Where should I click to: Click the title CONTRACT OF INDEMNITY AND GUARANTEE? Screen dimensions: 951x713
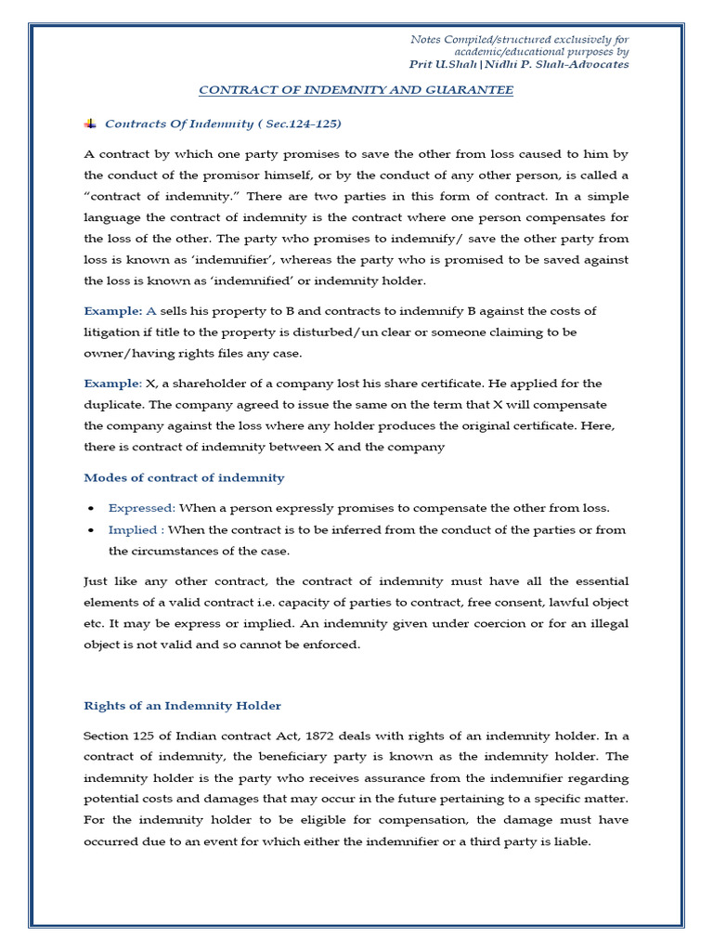click(356, 90)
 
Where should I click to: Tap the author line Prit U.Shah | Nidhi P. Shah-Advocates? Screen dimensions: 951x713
click(519, 65)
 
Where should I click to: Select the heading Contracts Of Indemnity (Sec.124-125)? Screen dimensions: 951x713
click(216, 124)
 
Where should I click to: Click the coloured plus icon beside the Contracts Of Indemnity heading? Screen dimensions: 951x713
click(90, 124)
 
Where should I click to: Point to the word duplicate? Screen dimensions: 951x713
click(113, 405)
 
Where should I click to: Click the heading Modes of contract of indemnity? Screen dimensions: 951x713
click(184, 477)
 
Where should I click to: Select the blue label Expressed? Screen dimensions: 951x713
click(141, 508)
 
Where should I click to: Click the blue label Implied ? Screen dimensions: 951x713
click(136, 530)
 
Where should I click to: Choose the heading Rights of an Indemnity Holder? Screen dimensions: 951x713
click(182, 706)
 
